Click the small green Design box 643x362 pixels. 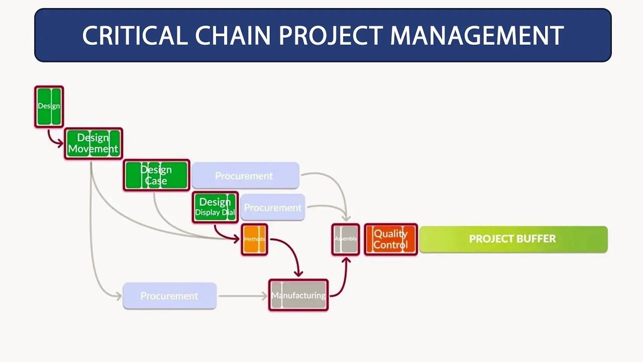click(49, 106)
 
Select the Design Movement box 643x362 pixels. click(93, 143)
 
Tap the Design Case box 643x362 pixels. click(156, 175)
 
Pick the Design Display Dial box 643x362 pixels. click(215, 207)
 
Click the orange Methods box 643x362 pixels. click(254, 239)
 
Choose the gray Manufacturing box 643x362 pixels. click(298, 295)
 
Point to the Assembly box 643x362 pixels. click(346, 239)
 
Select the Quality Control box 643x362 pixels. click(390, 239)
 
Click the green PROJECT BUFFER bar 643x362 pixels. click(513, 239)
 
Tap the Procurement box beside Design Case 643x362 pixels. click(245, 175)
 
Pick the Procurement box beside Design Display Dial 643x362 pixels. click(272, 207)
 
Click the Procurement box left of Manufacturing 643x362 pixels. click(169, 296)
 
